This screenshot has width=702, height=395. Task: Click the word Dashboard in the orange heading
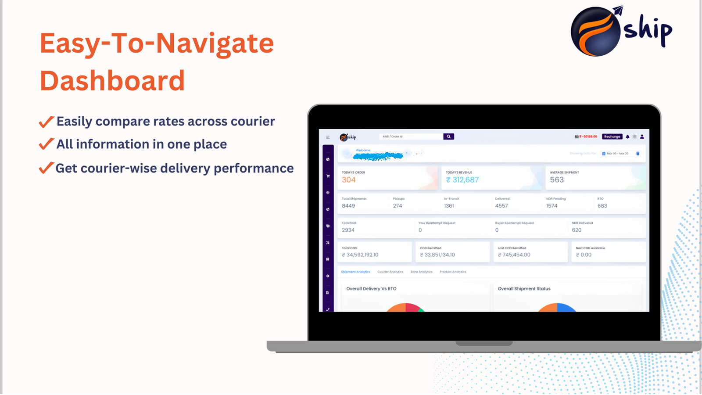[112, 81]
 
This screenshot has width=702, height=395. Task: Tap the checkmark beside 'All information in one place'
[46, 144]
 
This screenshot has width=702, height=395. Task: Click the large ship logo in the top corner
[620, 31]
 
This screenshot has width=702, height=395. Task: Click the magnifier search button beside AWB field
[448, 136]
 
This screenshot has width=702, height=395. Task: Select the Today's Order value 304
[349, 180]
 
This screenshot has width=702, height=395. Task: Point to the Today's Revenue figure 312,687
[462, 180]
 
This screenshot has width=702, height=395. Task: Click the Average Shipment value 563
[557, 180]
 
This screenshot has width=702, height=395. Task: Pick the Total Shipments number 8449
[348, 206]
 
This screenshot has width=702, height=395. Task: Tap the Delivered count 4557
[501, 206]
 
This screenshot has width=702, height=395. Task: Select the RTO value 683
[602, 206]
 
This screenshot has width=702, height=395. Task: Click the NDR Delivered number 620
[577, 230]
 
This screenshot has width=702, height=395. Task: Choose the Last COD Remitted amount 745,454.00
[514, 255]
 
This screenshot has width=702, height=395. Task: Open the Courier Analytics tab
[390, 272]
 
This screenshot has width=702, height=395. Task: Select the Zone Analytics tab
[421, 272]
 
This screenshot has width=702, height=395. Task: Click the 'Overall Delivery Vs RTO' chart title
[371, 289]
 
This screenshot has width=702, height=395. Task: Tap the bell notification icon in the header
[627, 136]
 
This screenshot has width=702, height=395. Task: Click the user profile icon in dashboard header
[642, 136]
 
